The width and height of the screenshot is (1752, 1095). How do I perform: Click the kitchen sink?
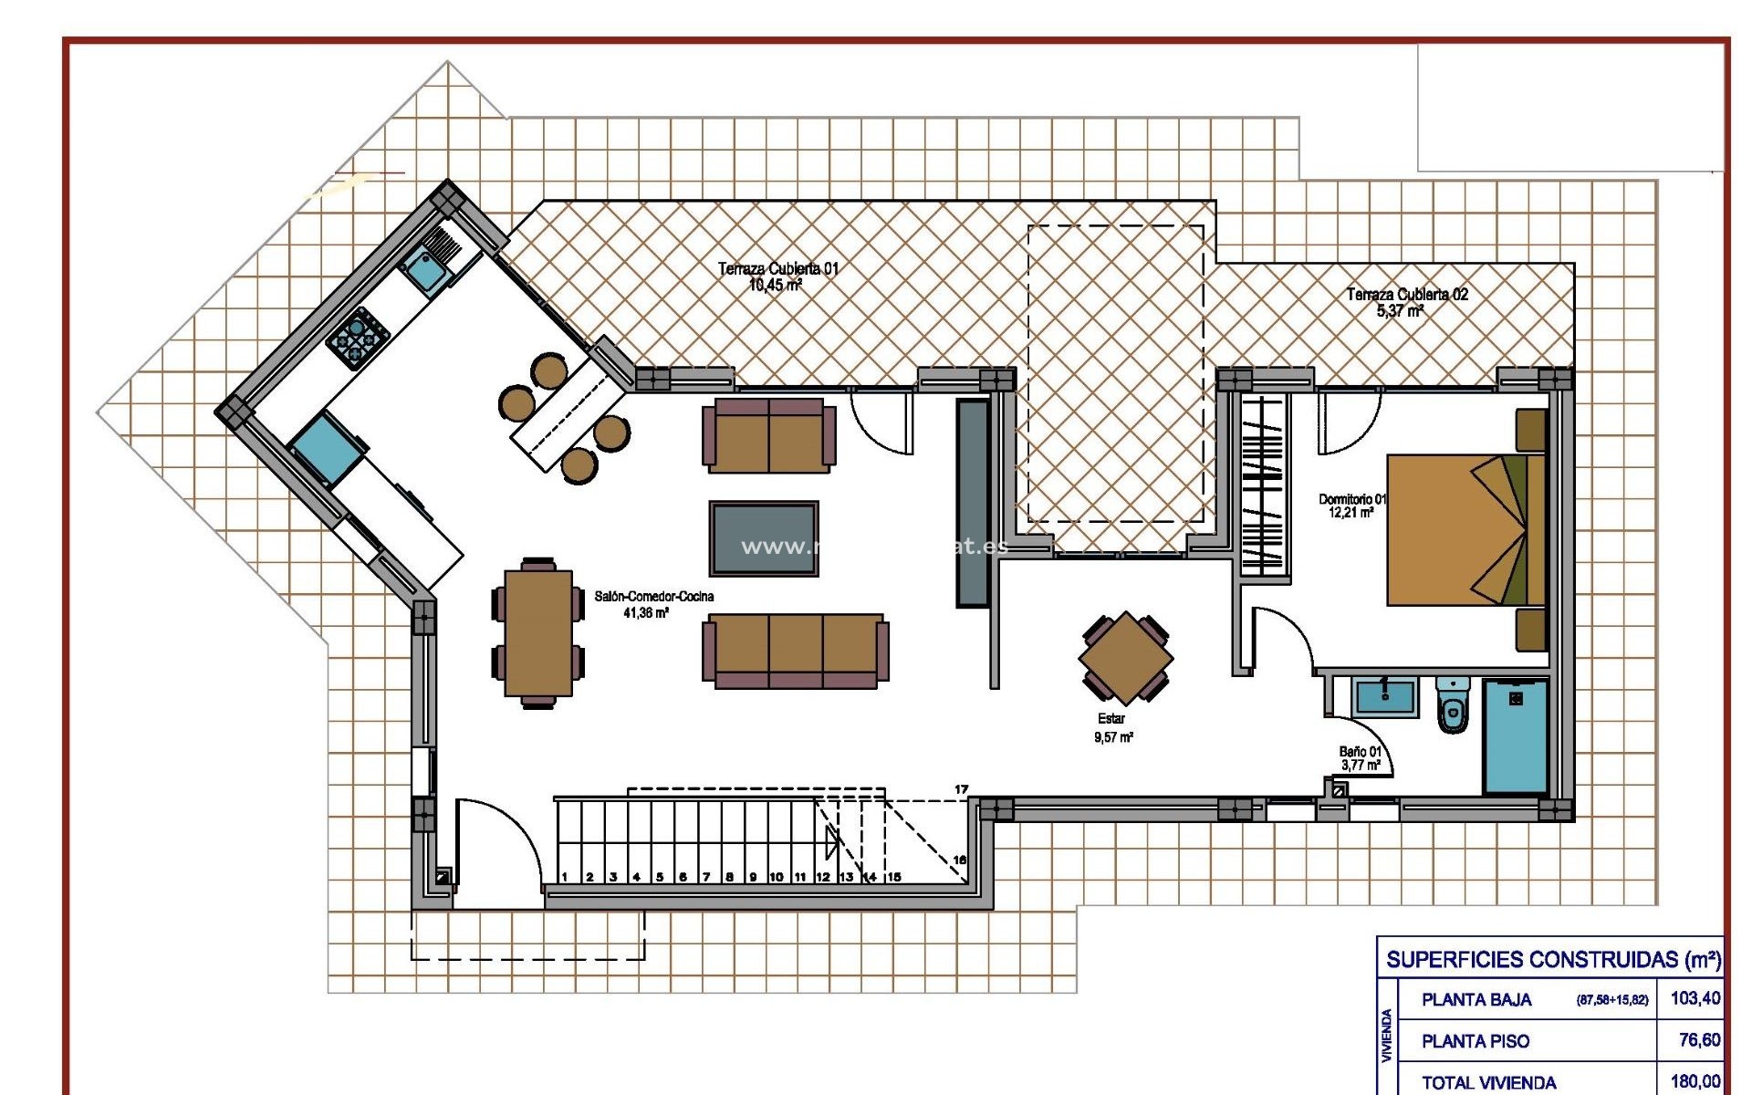pyautogui.click(x=424, y=269)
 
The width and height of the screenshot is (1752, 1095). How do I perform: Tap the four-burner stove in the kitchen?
pyautogui.click(x=358, y=338)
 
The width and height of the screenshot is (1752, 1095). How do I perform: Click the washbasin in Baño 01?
pyautogui.click(x=1385, y=698)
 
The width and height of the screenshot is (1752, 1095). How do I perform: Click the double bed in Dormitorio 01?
pyautogui.click(x=1465, y=529)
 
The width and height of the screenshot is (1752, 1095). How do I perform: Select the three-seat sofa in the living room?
pyautogui.click(x=795, y=650)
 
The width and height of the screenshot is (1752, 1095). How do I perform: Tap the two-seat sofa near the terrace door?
pyautogui.click(x=768, y=434)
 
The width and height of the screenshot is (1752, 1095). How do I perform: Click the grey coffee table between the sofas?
pyautogui.click(x=764, y=538)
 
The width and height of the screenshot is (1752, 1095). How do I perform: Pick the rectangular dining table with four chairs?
pyautogui.click(x=538, y=632)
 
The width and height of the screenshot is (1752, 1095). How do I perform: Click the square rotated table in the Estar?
pyautogui.click(x=1126, y=658)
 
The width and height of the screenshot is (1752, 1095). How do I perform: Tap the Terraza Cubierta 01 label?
pyautogui.click(x=777, y=276)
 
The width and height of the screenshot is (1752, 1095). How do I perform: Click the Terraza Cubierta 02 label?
pyautogui.click(x=1407, y=302)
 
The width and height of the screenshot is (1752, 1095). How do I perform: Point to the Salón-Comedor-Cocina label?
pyautogui.click(x=653, y=604)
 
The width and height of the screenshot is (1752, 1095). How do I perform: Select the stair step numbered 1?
pyautogui.click(x=565, y=876)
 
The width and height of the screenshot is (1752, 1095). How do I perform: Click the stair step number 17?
pyautogui.click(x=961, y=789)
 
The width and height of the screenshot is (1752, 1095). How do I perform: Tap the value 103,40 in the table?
pyautogui.click(x=1695, y=998)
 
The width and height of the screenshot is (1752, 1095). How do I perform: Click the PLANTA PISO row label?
pyautogui.click(x=1475, y=1041)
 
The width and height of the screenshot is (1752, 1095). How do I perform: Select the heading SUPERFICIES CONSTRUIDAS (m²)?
pyautogui.click(x=1553, y=959)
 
